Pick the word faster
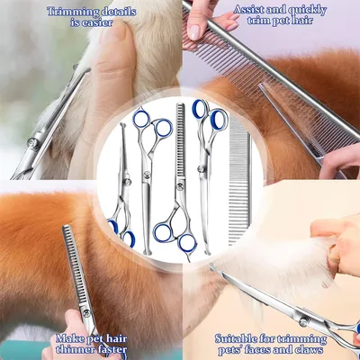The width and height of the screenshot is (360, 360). pyautogui.click(x=112, y=349)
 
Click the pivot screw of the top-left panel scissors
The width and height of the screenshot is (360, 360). pyautogui.click(x=32, y=143)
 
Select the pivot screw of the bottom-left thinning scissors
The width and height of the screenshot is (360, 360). pyautogui.click(x=86, y=313)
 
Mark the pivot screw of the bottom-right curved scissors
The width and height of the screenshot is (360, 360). pyautogui.click(x=304, y=322)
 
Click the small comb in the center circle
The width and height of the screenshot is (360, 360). pyautogui.click(x=239, y=180)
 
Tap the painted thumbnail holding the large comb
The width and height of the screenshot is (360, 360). pyautogui.click(x=194, y=32)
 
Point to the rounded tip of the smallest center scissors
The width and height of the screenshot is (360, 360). pyautogui.click(x=121, y=125)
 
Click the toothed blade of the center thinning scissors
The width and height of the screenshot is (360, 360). pyautogui.click(x=180, y=141)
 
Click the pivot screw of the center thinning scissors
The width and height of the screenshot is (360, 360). pyautogui.click(x=180, y=187)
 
